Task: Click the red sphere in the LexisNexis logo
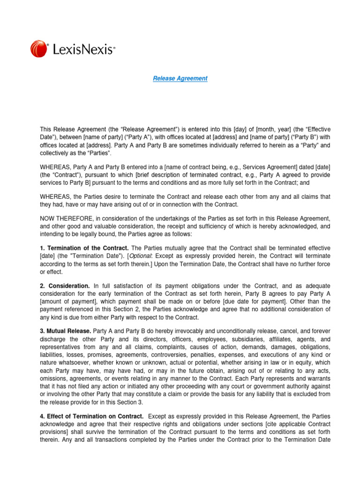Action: (38, 49)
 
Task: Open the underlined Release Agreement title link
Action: (180, 78)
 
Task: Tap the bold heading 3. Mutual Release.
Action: (66, 331)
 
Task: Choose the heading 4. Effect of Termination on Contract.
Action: (91, 416)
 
